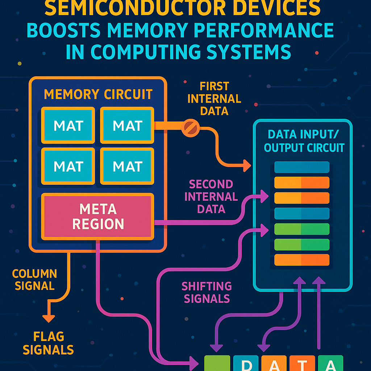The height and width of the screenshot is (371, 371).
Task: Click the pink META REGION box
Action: pyautogui.click(x=98, y=216)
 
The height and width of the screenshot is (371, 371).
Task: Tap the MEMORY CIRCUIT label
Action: pyautogui.click(x=98, y=95)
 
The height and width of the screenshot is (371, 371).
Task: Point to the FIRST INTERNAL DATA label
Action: pyautogui.click(x=214, y=99)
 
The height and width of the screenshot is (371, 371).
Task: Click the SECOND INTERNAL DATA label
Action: pyautogui.click(x=211, y=197)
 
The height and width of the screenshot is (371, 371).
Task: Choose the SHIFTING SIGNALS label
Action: pyautogui.click(x=207, y=292)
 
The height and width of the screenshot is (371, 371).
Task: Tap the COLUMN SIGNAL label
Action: pyautogui.click(x=34, y=280)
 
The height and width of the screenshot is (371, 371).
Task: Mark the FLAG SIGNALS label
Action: pyautogui.click(x=48, y=343)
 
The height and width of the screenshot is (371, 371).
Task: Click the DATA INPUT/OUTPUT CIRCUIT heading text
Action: pyautogui.click(x=304, y=141)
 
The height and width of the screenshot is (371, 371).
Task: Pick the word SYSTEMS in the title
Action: pyautogui.click(x=250, y=52)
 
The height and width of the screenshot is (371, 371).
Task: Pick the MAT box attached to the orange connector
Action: pyautogui.click(x=127, y=125)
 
